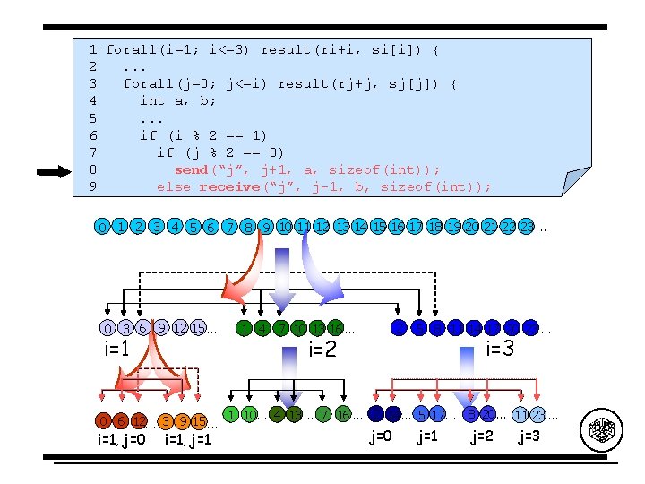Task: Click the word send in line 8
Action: (191, 169)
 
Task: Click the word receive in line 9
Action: (228, 186)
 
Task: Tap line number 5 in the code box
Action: (93, 118)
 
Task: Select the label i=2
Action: (322, 349)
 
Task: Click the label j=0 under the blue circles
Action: (381, 436)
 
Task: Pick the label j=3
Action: (529, 436)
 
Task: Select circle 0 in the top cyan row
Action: (103, 227)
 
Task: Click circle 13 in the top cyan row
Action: (341, 227)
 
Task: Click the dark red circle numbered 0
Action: (105, 420)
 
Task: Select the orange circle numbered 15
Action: (199, 421)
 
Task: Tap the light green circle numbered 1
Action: (231, 414)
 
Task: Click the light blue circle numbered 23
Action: (537, 415)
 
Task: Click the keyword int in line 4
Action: (152, 101)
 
